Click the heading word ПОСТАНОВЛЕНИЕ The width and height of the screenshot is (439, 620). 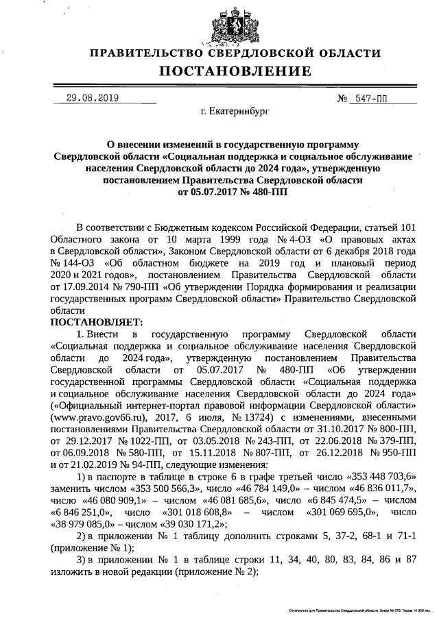235,71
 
